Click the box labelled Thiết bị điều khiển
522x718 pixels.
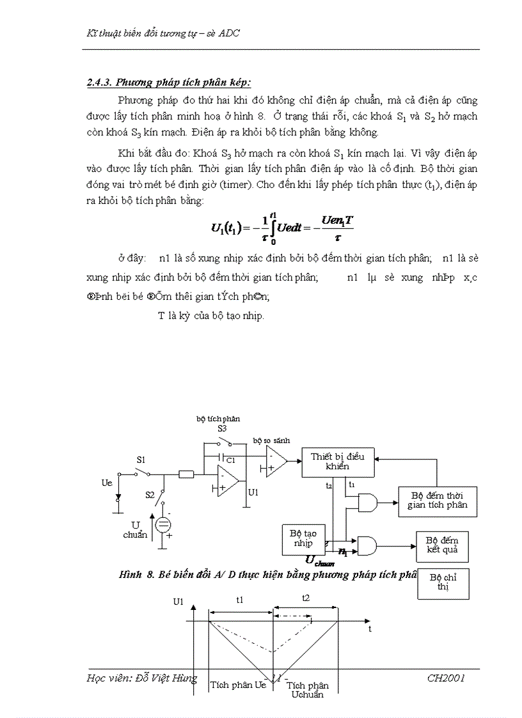pyautogui.click(x=338, y=461)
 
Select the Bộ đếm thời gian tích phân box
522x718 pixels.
pyautogui.click(x=437, y=500)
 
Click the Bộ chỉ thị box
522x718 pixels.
pyautogui.click(x=443, y=582)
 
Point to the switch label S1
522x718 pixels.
pyautogui.click(x=141, y=460)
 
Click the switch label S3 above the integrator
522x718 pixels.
pyautogui.click(x=222, y=428)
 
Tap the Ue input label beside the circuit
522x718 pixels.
pyautogui.click(x=107, y=483)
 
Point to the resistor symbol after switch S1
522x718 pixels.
pyautogui.click(x=187, y=474)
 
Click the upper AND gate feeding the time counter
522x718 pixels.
pyautogui.click(x=367, y=503)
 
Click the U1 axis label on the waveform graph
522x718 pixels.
pyautogui.click(x=178, y=601)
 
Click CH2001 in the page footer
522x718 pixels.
pyautogui.click(x=446, y=678)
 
